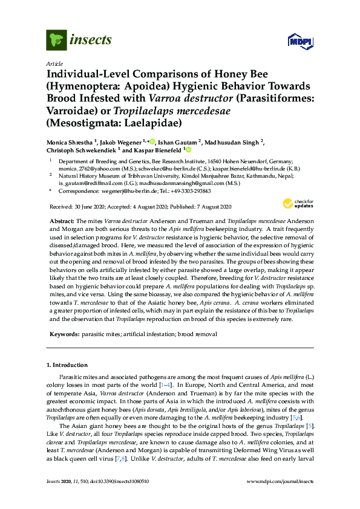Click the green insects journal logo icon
[x=56, y=41]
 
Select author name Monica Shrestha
[x=70, y=141]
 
